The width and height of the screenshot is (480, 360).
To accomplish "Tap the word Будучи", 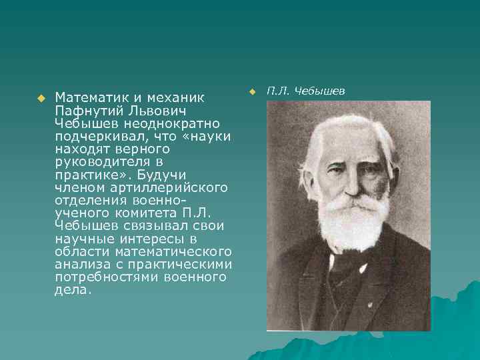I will point(157,175).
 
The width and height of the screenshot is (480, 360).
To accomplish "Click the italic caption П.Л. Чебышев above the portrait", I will point(306,90).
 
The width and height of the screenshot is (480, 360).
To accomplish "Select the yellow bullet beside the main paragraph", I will point(40,98).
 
